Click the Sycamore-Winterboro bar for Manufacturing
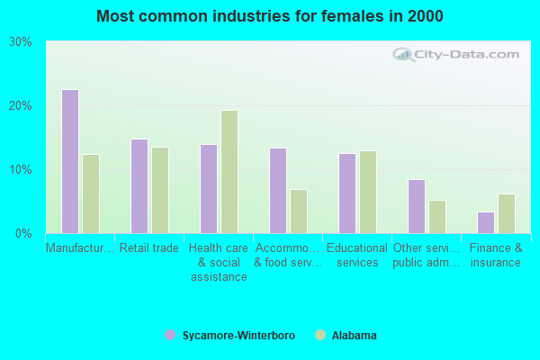(70, 161)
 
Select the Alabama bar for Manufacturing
(91, 193)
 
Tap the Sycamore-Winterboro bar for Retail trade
(139, 186)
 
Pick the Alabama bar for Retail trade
(160, 190)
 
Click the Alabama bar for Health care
(229, 172)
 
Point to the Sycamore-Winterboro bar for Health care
(209, 189)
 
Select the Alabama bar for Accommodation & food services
(299, 211)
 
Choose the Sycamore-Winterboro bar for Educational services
(347, 193)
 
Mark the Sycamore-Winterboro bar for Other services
(417, 206)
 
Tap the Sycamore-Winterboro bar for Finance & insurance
(486, 222)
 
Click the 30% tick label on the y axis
(21, 42)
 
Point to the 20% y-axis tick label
(21, 106)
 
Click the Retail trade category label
(149, 248)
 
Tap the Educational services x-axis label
(357, 255)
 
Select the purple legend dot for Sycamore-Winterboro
(170, 336)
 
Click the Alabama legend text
(354, 336)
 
